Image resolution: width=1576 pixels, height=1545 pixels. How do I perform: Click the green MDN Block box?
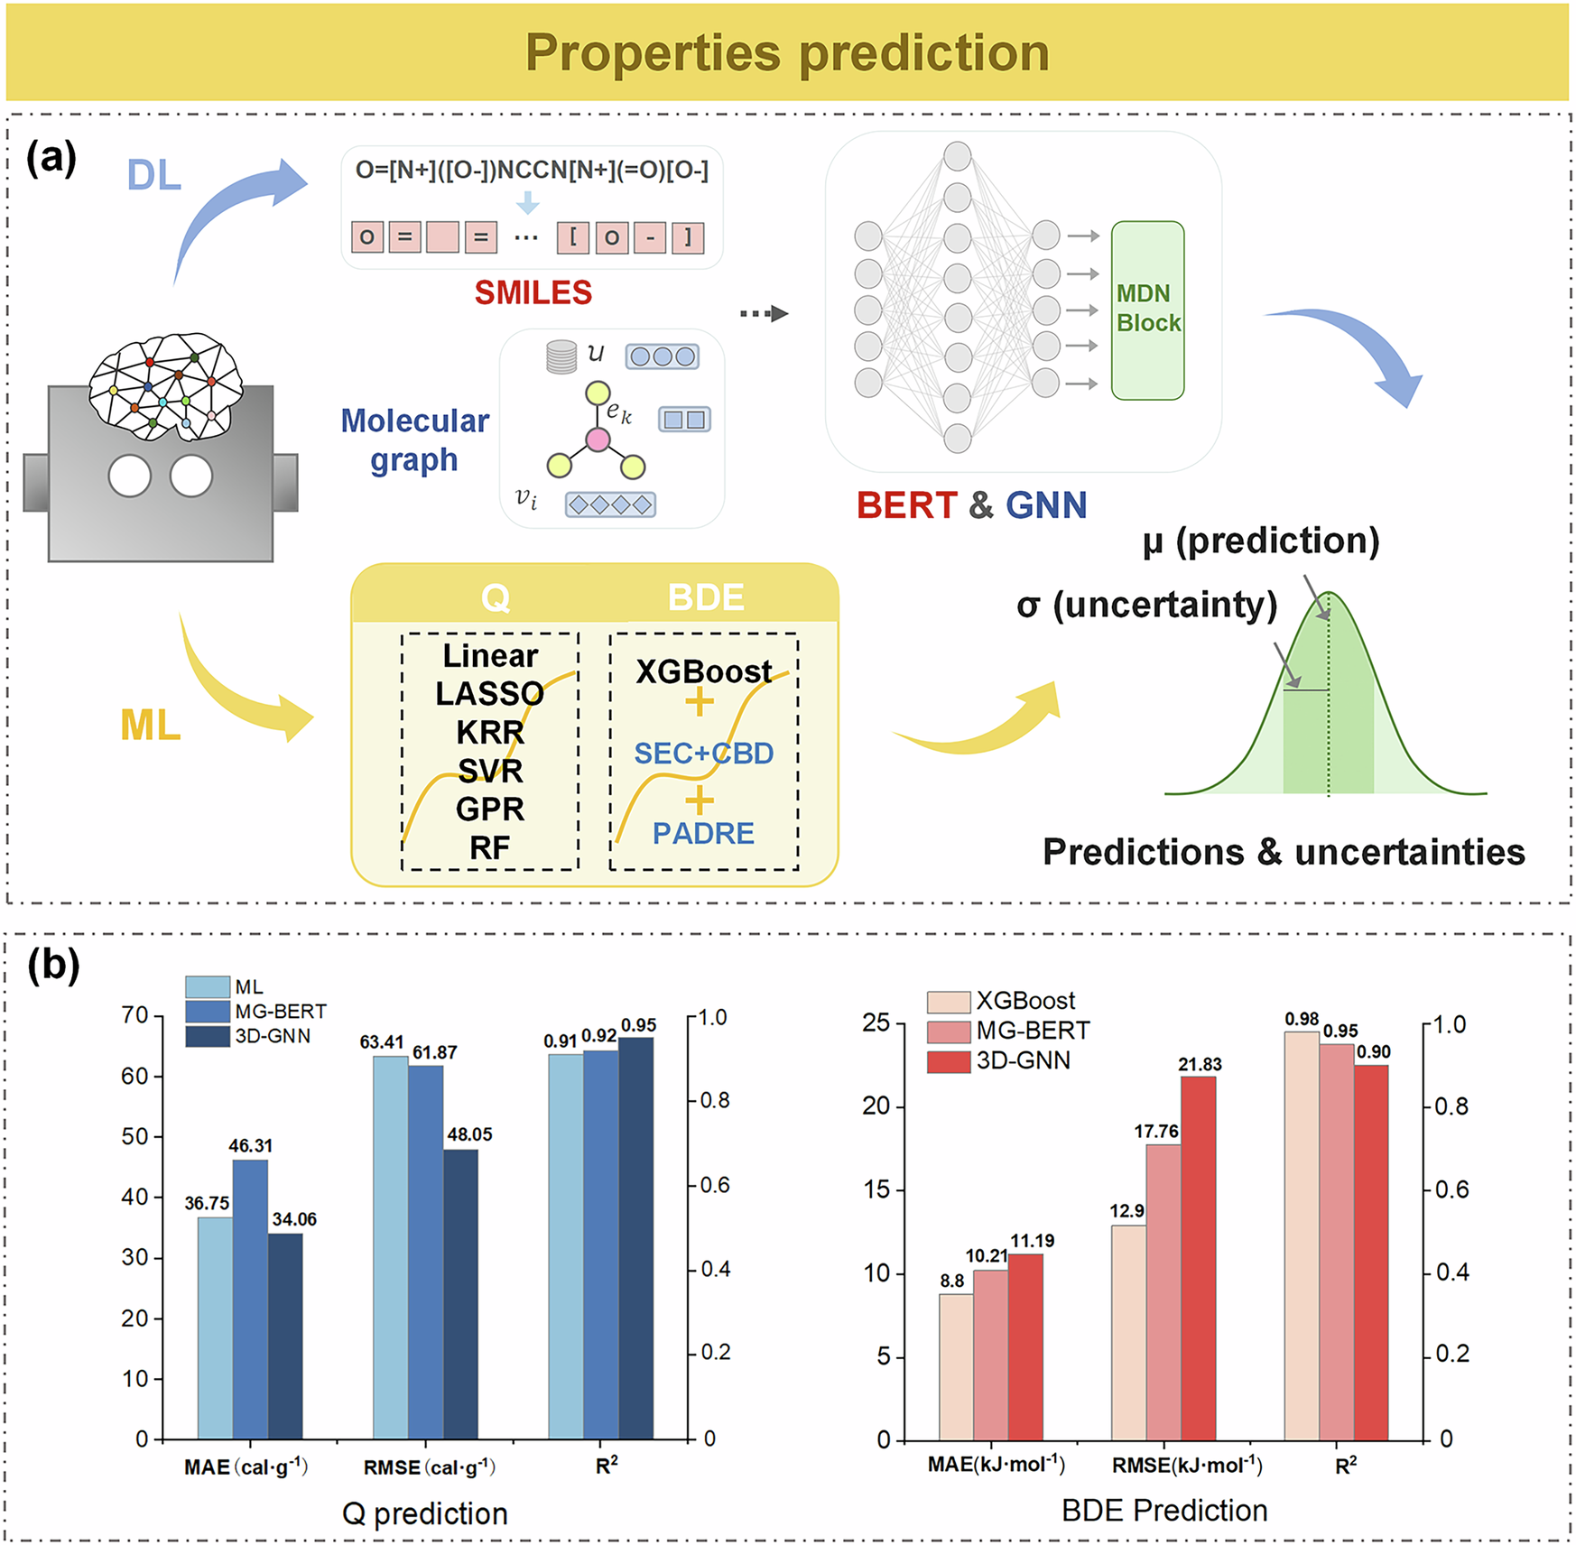(1147, 310)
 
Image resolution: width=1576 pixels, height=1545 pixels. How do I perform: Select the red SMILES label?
(533, 292)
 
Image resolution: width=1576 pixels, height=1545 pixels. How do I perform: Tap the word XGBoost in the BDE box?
(703, 671)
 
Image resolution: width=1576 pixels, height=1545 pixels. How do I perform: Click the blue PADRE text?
(703, 833)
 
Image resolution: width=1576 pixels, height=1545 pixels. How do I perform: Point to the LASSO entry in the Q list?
(489, 694)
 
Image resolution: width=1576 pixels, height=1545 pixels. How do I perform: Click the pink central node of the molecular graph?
(598, 439)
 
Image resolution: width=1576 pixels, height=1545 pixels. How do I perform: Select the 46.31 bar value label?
(250, 1145)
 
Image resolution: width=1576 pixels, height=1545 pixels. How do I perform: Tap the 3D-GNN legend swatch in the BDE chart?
(949, 1060)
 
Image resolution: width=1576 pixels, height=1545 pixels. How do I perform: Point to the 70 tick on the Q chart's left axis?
(134, 1015)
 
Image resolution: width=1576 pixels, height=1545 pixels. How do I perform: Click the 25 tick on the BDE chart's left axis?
(876, 1022)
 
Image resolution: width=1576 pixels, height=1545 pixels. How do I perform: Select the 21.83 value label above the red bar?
(1200, 1064)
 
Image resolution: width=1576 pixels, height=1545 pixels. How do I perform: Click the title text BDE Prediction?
(1163, 1510)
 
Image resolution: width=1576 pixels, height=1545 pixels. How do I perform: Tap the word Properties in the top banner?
(652, 52)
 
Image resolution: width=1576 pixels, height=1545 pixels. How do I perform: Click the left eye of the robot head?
(130, 476)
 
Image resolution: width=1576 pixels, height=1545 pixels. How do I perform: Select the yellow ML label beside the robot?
(151, 725)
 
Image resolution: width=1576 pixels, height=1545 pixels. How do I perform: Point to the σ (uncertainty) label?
(1146, 605)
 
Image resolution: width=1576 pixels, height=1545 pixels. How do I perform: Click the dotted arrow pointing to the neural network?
(764, 313)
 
